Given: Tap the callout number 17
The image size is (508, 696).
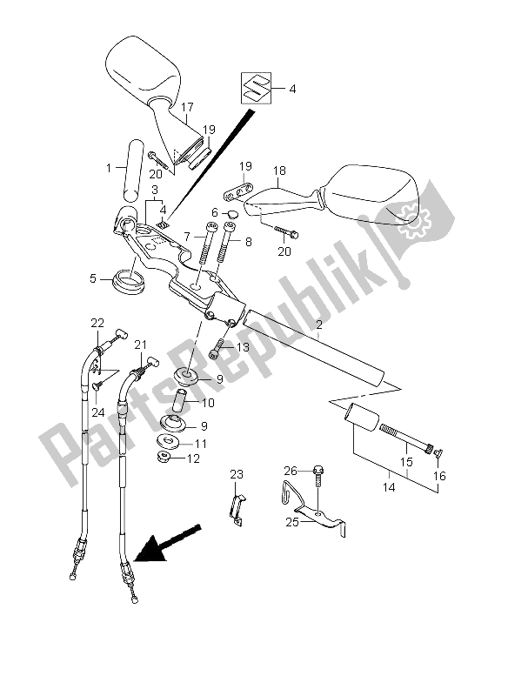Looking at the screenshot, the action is point(187,107).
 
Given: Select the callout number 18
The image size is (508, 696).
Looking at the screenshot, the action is point(279,171).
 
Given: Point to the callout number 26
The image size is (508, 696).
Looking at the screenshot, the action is point(291,470).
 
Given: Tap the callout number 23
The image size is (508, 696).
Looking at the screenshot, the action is point(237,474).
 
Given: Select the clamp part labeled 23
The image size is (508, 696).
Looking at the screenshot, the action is point(237,510).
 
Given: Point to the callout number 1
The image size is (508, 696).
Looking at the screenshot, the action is point(109,168).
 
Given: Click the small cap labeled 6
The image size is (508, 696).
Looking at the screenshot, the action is point(232,214).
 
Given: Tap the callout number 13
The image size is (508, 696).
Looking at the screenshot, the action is point(244,346).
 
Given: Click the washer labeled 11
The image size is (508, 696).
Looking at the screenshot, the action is point(170,442).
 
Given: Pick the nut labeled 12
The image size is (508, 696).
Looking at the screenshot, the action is point(166,457).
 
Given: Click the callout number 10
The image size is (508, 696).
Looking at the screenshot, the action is point(208,403).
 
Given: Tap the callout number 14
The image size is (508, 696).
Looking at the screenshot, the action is point(388,487).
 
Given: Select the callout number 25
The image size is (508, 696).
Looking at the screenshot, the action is point(292,523).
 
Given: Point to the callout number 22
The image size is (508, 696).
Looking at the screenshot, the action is point(97,323).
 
